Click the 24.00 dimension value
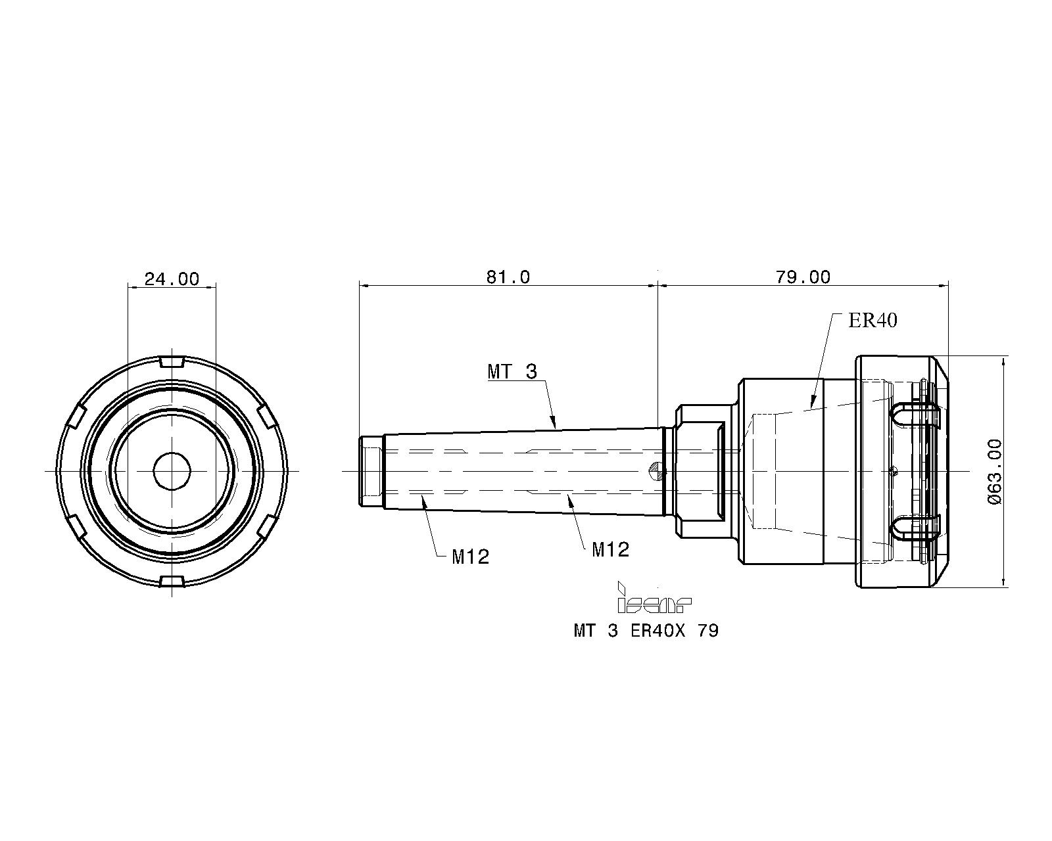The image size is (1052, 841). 172,279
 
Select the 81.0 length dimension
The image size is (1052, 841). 508,277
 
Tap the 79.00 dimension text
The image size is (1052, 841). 803,277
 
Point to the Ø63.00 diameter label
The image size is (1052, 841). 995,472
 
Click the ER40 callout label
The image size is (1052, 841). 873,321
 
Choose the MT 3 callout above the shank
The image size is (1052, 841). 512,371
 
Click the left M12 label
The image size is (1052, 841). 470,557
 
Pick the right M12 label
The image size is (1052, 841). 610,550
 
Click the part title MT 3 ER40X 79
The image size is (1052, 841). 646,631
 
